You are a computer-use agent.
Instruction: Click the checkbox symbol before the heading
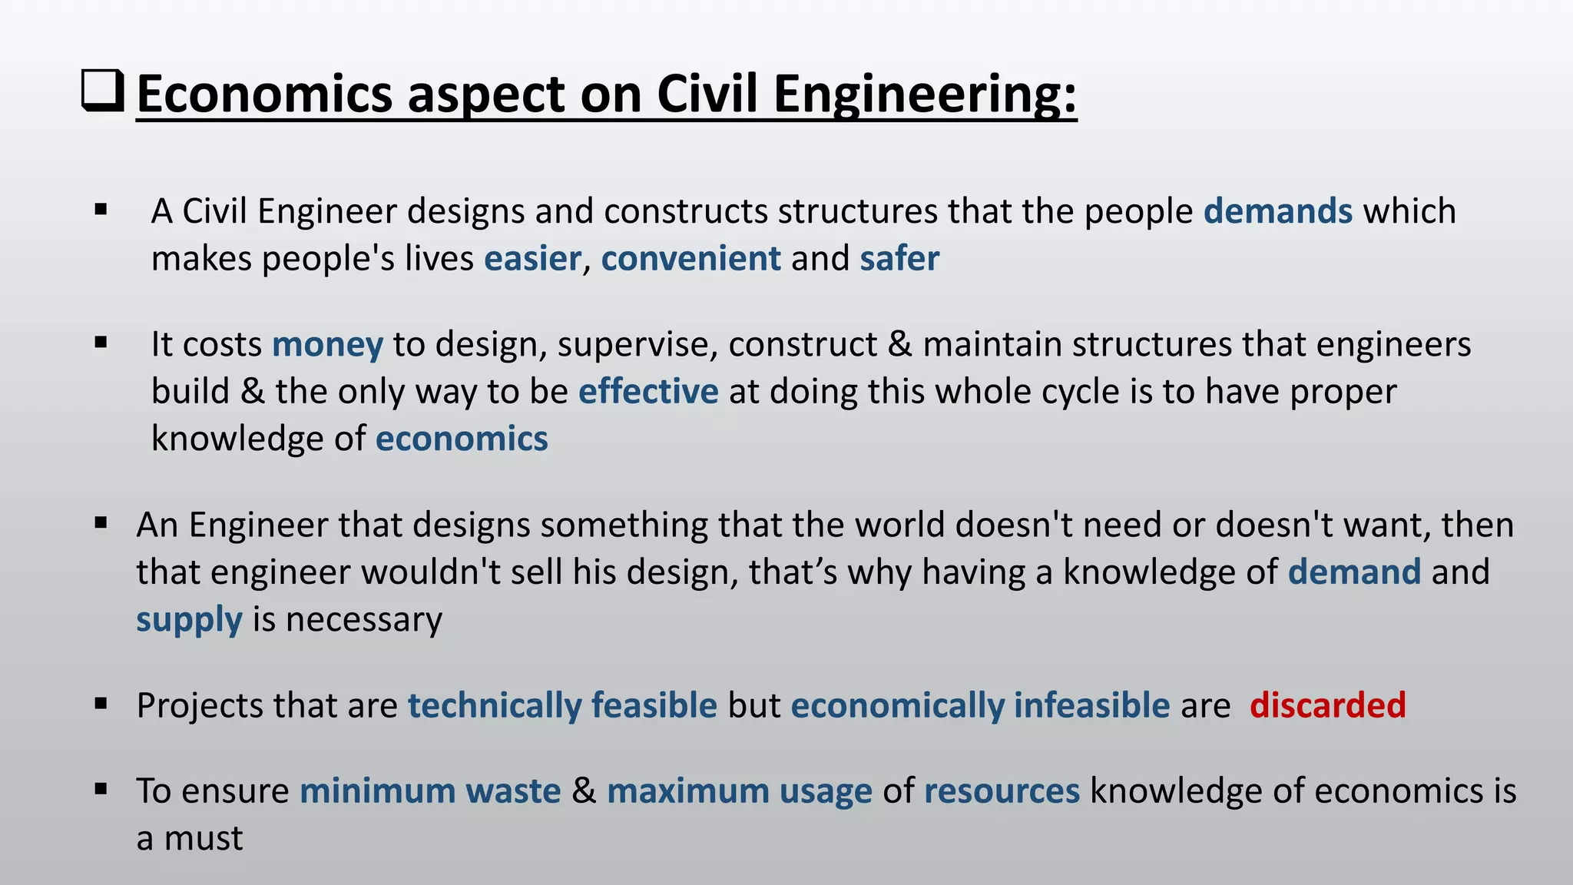click(102, 91)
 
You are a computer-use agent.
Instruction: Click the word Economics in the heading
click(264, 94)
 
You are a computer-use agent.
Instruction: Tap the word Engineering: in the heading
click(925, 94)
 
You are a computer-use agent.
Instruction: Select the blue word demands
click(1277, 211)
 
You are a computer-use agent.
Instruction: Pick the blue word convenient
click(690, 259)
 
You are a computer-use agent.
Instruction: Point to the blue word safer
click(899, 259)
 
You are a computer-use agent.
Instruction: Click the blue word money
click(327, 345)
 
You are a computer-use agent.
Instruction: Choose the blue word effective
click(648, 392)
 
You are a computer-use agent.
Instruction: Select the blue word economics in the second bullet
click(462, 439)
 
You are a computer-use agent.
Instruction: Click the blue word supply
click(189, 620)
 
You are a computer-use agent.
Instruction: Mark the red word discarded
click(1327, 705)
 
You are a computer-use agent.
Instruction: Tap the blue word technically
click(495, 705)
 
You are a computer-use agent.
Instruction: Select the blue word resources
click(1002, 791)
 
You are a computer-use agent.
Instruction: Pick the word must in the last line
click(204, 838)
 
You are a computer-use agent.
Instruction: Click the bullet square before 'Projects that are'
click(101, 703)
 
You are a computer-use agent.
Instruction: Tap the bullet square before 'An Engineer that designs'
click(101, 523)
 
